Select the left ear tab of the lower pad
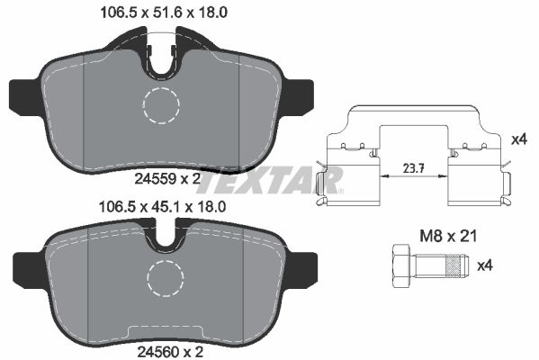pos(27,266)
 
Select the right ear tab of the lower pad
pos(304,266)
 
